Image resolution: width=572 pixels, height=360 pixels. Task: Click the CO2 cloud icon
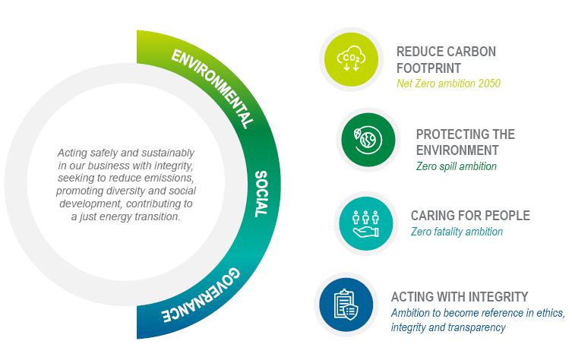(350, 58)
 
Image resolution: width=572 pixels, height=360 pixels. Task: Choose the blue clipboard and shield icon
(346, 302)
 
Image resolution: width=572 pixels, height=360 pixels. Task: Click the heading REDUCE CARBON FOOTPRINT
(446, 59)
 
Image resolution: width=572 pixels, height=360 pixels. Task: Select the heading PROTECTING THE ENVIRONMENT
(465, 142)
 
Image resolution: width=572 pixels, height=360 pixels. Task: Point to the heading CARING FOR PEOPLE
(470, 216)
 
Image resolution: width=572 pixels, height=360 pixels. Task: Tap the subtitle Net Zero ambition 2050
(448, 84)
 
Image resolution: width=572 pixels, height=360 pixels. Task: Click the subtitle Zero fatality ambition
(457, 232)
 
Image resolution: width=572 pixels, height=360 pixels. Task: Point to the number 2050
(487, 84)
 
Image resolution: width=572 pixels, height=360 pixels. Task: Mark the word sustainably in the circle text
(163, 153)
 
